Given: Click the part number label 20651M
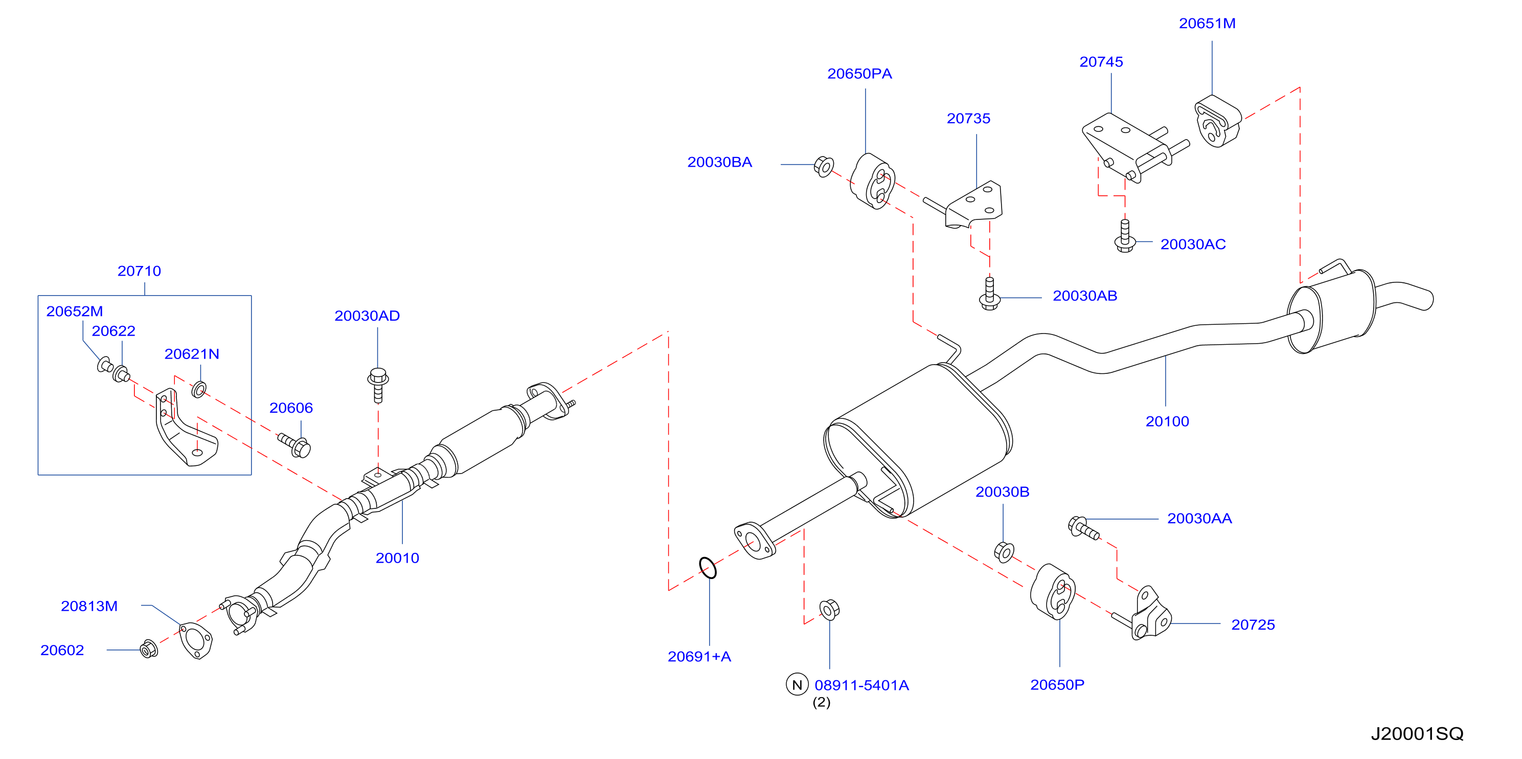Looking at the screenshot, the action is tap(1207, 24).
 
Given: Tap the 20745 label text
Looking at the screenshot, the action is tap(1101, 62).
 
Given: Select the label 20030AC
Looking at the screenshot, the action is tap(1193, 244).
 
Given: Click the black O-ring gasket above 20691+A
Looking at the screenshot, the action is tap(708, 568).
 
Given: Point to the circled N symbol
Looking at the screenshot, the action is tap(797, 684).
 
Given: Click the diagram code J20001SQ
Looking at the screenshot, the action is tap(1417, 734).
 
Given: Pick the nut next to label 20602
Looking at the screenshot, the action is tap(149, 649).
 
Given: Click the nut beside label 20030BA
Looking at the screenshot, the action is tap(824, 166).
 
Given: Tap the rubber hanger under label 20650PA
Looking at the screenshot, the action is tap(872, 181).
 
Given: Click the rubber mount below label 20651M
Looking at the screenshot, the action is tap(1218, 121).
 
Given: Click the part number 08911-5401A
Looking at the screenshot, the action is tap(861, 686).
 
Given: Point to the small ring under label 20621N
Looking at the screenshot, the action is tap(199, 390).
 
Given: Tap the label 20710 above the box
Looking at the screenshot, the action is tap(139, 271).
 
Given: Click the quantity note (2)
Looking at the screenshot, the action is tap(821, 702).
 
